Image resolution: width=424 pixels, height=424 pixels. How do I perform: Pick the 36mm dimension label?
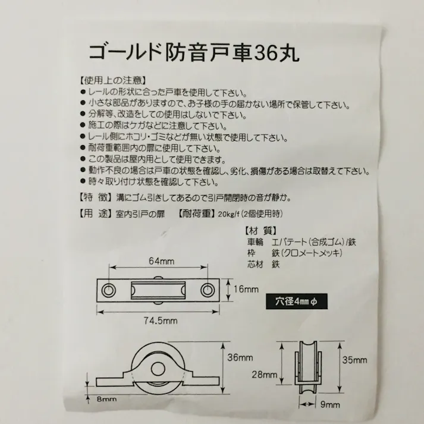240,357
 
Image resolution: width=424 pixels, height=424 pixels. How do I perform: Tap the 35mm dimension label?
356,360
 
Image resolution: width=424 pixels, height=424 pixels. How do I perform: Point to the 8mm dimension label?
107,400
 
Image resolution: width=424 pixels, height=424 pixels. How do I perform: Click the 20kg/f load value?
229,215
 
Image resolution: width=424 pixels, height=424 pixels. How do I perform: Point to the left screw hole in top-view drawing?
109,290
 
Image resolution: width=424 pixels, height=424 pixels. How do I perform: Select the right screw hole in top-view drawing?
207,290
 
